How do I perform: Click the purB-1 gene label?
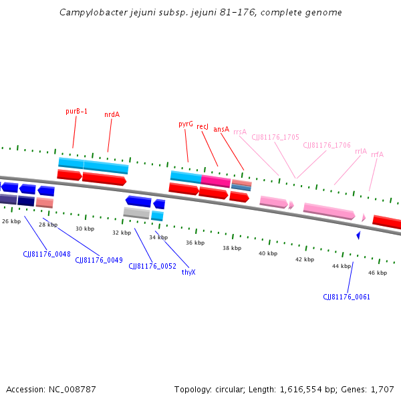pyautogui.click(x=76, y=111)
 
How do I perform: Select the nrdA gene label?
pyautogui.click(x=112, y=114)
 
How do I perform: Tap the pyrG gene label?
pyautogui.click(x=186, y=124)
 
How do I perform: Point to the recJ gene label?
pyautogui.click(x=203, y=126)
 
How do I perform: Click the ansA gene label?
pyautogui.click(x=221, y=129)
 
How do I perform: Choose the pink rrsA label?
pyautogui.click(x=240, y=132)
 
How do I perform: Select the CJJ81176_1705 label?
pyautogui.click(x=275, y=137)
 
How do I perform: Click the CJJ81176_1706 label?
pyautogui.click(x=327, y=145)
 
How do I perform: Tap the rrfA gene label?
pyautogui.click(x=377, y=154)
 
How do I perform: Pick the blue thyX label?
pyautogui.click(x=188, y=272)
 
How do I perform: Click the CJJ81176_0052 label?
pyautogui.click(x=152, y=266)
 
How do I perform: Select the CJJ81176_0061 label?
pyautogui.click(x=346, y=297)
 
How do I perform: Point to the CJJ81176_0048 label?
pyautogui.click(x=47, y=254)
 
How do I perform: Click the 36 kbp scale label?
pyautogui.click(x=194, y=243)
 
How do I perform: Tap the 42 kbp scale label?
pyautogui.click(x=304, y=259)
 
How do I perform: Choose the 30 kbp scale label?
pyautogui.click(x=85, y=229)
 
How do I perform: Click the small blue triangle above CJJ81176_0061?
pyautogui.click(x=358, y=235)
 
